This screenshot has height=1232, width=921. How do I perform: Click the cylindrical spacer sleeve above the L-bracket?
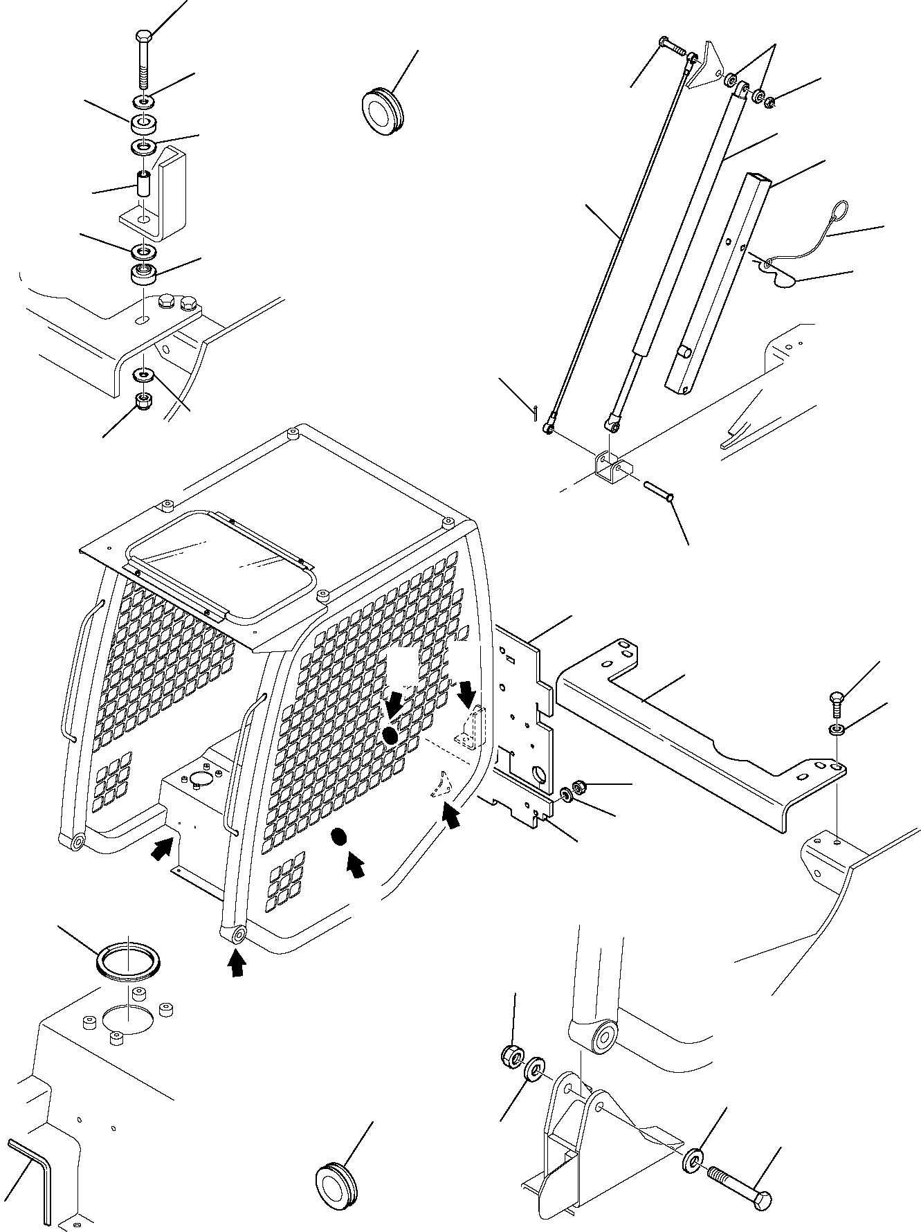(143, 185)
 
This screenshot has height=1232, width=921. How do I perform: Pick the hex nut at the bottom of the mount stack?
(143, 401)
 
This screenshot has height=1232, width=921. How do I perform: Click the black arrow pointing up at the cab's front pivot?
(237, 963)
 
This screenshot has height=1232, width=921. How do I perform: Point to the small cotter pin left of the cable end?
(536, 412)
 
